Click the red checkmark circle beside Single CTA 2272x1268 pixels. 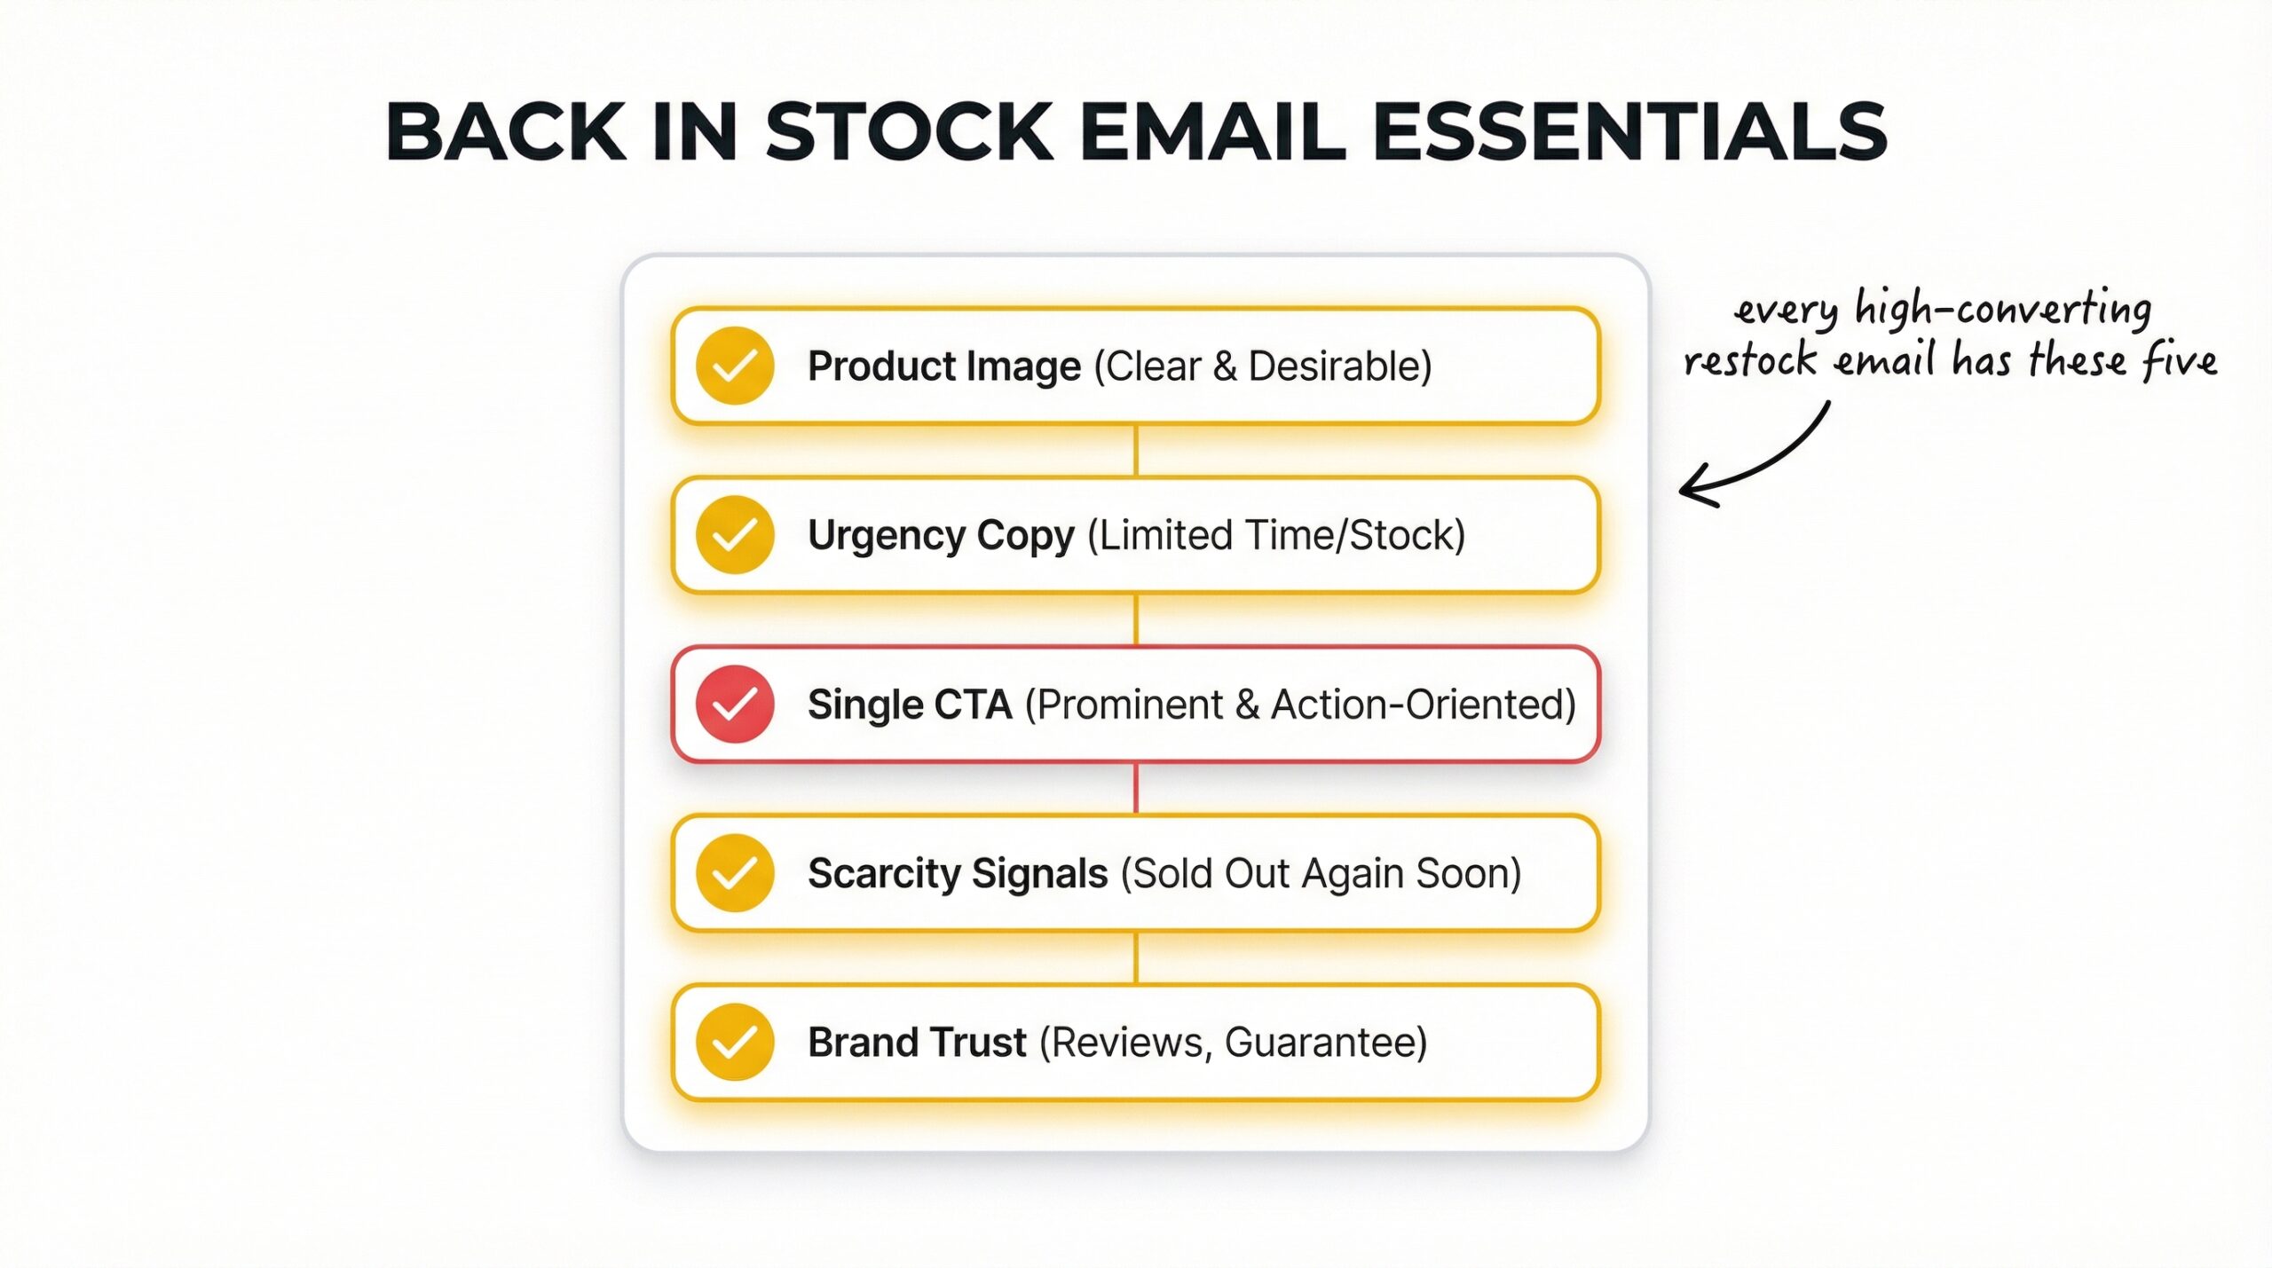click(x=735, y=704)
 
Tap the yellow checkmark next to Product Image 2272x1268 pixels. click(x=735, y=366)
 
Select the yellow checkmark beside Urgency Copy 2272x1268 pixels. click(x=735, y=534)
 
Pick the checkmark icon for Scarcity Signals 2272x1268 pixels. click(x=735, y=872)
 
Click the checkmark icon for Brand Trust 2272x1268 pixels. click(x=735, y=1042)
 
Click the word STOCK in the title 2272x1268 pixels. click(x=909, y=132)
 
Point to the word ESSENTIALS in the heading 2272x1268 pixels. click(x=1629, y=132)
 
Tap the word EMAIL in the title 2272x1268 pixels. click(x=1212, y=132)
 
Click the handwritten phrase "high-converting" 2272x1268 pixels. click(x=2002, y=309)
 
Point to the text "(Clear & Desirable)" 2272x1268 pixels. click(x=1263, y=366)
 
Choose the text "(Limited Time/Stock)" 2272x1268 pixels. click(x=1275, y=534)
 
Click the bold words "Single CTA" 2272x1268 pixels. click(x=910, y=704)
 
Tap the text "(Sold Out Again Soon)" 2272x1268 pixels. click(x=1321, y=872)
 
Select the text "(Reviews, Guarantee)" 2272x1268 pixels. click(x=1233, y=1042)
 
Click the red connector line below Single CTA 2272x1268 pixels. click(x=1136, y=788)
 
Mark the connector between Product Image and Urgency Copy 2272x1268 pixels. click(x=1136, y=450)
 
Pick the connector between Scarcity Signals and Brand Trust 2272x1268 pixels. click(x=1136, y=957)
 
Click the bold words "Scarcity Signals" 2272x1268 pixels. click(x=957, y=872)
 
